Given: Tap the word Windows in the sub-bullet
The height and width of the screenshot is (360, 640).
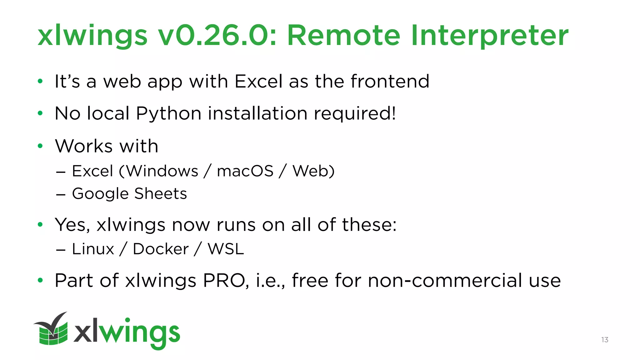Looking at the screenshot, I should click(x=162, y=171).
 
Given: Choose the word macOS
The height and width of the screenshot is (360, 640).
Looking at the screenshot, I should click(x=245, y=171).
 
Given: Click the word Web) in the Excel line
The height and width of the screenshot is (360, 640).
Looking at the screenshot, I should click(x=313, y=171).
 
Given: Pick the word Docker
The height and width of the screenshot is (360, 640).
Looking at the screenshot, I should click(x=161, y=249).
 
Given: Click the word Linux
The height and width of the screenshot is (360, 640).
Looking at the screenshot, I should click(x=93, y=249).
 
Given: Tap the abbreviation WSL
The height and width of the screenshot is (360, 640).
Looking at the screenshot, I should click(x=226, y=249).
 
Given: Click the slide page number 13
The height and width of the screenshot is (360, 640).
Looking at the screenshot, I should click(x=604, y=340).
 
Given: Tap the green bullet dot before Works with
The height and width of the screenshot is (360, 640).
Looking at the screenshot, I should click(x=40, y=146).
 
